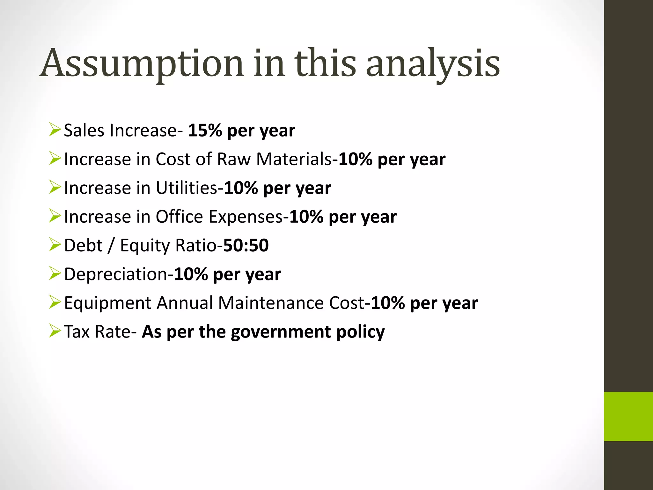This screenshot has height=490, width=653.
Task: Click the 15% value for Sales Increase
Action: [205, 130]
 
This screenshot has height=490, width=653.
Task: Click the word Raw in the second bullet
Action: [234, 159]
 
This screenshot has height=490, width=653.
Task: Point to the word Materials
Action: [294, 159]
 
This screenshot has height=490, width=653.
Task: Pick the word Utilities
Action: [187, 188]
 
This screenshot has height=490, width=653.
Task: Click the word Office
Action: [179, 217]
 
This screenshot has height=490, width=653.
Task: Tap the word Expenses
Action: [246, 217]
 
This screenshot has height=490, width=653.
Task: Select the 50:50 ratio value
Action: [246, 245]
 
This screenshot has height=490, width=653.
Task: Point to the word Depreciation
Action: [116, 274]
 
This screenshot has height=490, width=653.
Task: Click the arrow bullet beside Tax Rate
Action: [55, 331]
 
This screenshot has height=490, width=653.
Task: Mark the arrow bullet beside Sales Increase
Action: [55, 130]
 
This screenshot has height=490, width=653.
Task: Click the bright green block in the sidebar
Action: [628, 416]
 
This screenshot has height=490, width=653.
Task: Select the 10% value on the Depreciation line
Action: [191, 274]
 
